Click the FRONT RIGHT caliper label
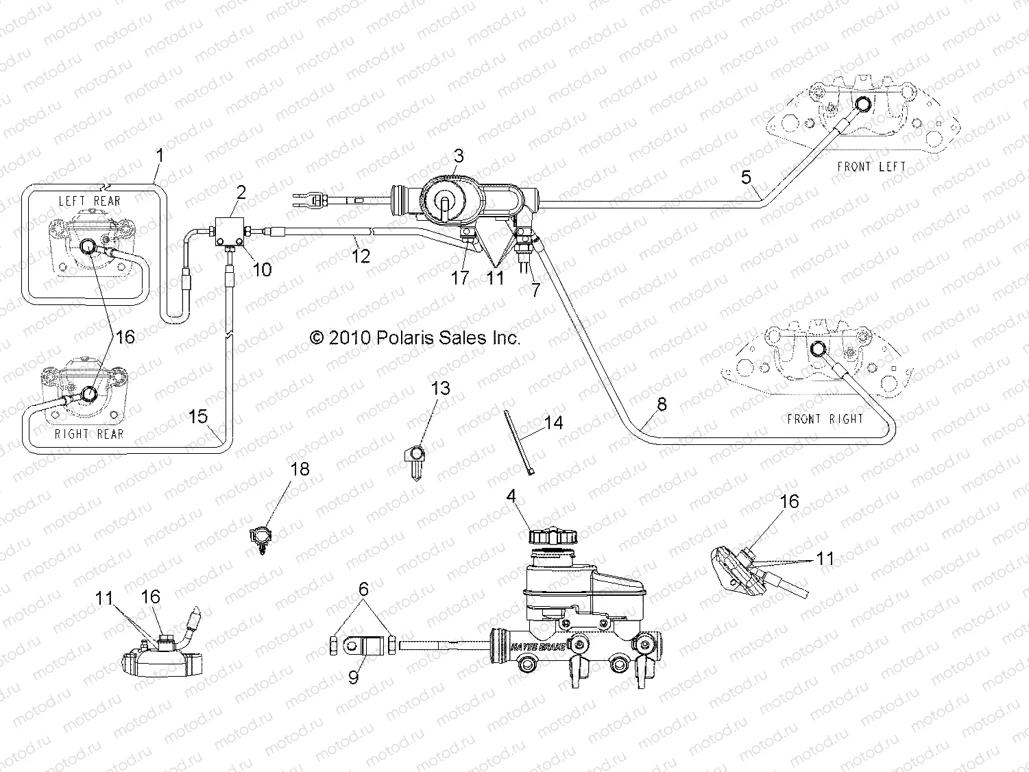click(x=825, y=418)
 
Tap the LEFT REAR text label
click(x=89, y=201)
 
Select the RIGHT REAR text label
click(x=89, y=433)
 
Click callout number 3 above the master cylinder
click(x=458, y=156)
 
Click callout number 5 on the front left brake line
click(x=747, y=178)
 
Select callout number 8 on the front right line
click(x=661, y=404)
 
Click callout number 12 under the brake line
click(x=361, y=256)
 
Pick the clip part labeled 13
click(x=415, y=459)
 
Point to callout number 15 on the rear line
click(x=197, y=416)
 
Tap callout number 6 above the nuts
click(x=363, y=589)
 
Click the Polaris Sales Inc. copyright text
click(x=415, y=337)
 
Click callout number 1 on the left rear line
click(x=160, y=156)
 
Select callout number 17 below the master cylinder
click(x=459, y=278)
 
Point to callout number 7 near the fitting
click(x=535, y=289)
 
